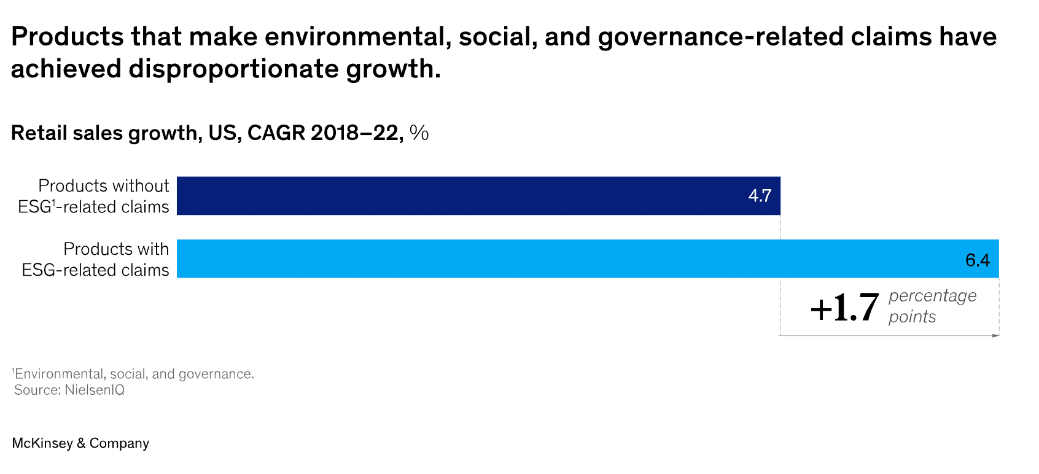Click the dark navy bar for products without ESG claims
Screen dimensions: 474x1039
461,196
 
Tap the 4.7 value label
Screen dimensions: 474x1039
760,196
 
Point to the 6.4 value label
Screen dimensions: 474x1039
977,260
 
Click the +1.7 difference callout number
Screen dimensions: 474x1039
844,308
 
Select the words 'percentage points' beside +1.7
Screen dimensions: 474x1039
932,306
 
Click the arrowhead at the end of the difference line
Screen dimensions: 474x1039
995,335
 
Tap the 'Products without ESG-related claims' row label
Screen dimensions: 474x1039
93,196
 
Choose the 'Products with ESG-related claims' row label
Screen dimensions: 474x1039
95,259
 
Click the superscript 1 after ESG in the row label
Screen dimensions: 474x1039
53,203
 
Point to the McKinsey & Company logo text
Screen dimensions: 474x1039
80,443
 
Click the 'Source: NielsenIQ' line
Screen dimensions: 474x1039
69,390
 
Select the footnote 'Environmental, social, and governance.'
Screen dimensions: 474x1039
134,374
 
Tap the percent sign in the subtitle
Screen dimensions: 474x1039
419,133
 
